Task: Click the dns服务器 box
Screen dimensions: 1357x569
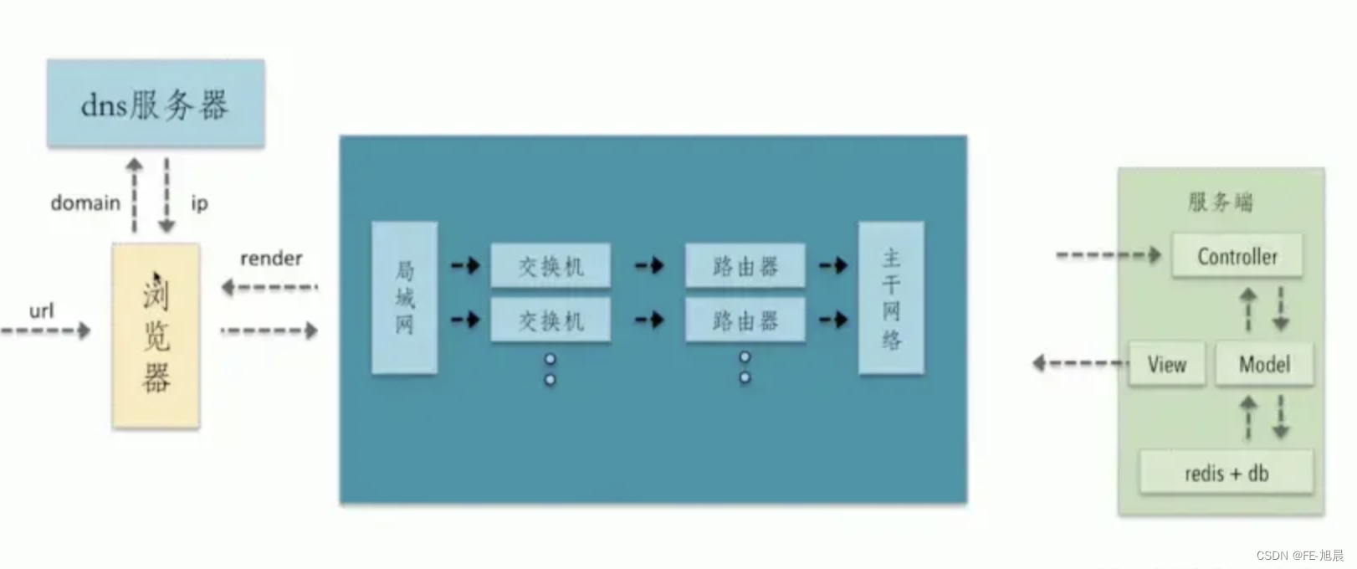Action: [x=156, y=104]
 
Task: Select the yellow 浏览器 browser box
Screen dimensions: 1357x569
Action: [x=156, y=336]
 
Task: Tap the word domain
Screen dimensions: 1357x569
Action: [x=85, y=203]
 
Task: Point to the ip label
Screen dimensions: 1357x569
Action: [x=199, y=203]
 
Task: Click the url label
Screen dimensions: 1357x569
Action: [x=41, y=311]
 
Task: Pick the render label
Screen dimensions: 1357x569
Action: [x=271, y=259]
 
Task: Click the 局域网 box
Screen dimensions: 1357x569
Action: [x=404, y=297]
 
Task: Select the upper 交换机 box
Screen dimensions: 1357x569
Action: [x=550, y=267]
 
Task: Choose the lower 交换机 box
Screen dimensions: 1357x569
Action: [x=550, y=320]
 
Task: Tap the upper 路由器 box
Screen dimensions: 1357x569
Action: [x=745, y=267]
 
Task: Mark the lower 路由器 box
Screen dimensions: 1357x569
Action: [x=745, y=320]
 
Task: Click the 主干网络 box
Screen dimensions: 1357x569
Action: [x=891, y=297]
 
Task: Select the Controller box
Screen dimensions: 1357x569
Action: [x=1237, y=256]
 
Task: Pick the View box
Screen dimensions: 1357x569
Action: [x=1166, y=364]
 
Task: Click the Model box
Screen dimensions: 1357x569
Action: [x=1263, y=364]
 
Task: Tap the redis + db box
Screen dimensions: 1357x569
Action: [x=1226, y=473]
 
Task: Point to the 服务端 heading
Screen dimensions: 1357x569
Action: [x=1221, y=202]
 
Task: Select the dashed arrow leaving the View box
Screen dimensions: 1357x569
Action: [x=1079, y=363]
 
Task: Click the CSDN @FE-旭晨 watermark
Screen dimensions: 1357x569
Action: [x=1299, y=556]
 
